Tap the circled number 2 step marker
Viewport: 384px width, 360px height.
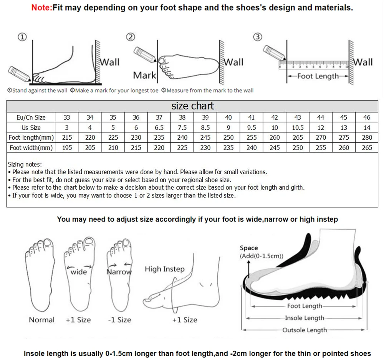(131, 37)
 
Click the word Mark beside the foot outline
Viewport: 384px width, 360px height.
(144, 75)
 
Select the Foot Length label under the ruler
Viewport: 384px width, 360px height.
(318, 76)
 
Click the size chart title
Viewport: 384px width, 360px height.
(192, 106)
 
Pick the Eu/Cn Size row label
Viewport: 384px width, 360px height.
(31, 117)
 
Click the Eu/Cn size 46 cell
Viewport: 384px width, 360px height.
(367, 117)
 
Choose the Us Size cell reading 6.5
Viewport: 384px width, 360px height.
(159, 127)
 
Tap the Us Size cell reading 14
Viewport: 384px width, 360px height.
(367, 127)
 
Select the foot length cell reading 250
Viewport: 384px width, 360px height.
(228, 137)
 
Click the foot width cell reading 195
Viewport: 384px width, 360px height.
(66, 147)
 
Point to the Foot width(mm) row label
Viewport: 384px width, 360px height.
(31, 147)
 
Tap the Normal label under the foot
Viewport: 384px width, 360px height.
(41, 320)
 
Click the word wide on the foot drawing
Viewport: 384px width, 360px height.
(79, 272)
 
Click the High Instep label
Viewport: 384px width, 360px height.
(164, 269)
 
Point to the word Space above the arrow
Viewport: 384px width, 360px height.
(249, 248)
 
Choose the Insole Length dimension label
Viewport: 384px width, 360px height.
(305, 318)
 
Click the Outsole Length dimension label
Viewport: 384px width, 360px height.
(305, 330)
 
